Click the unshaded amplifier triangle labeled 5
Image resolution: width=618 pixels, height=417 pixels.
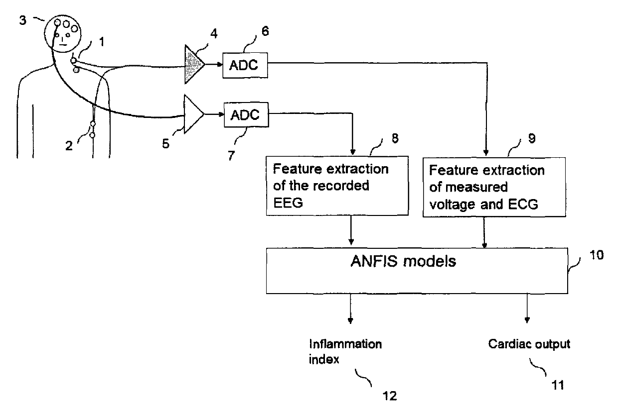pyautogui.click(x=193, y=114)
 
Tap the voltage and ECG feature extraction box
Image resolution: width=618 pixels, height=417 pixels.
pyautogui.click(x=483, y=188)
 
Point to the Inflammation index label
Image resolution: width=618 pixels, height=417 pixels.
pyautogui.click(x=345, y=351)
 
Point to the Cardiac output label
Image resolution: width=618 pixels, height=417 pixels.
pyautogui.click(x=529, y=344)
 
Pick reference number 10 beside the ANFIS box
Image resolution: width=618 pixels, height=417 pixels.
pyautogui.click(x=596, y=255)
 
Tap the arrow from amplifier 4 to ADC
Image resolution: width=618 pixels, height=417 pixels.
pyautogui.click(x=213, y=65)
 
